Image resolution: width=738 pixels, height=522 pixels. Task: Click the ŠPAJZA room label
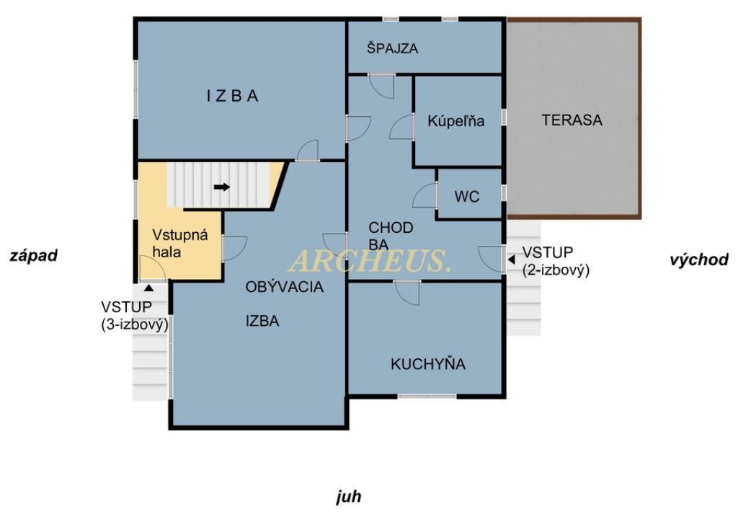click(x=392, y=48)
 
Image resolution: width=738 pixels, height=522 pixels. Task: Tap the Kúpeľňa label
click(x=455, y=121)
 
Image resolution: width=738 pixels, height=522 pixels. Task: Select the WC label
click(x=467, y=196)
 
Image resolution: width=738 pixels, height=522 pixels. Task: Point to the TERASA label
click(x=572, y=120)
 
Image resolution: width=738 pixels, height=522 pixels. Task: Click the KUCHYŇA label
click(x=428, y=364)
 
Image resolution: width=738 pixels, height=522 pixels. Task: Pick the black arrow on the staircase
click(x=222, y=187)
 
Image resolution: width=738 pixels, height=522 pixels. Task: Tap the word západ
click(x=33, y=255)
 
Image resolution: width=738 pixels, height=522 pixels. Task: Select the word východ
click(x=699, y=260)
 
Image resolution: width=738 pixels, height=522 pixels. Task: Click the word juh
click(x=349, y=497)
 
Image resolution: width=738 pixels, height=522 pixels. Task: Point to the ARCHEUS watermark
click(x=370, y=260)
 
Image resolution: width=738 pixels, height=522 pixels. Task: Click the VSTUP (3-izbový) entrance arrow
click(x=148, y=287)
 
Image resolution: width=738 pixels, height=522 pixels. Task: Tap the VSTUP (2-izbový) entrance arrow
click(x=512, y=260)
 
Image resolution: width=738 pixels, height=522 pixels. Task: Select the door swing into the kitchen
click(x=407, y=293)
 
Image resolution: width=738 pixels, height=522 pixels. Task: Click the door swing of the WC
click(x=425, y=195)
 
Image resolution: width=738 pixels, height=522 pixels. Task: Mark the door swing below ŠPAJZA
click(x=381, y=86)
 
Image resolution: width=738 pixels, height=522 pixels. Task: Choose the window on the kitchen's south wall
click(x=427, y=397)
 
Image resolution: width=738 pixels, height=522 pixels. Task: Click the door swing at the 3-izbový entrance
click(x=152, y=269)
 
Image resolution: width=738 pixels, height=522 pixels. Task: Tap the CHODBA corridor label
click(x=391, y=236)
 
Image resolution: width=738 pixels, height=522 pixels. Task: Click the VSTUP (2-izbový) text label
click(x=556, y=261)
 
